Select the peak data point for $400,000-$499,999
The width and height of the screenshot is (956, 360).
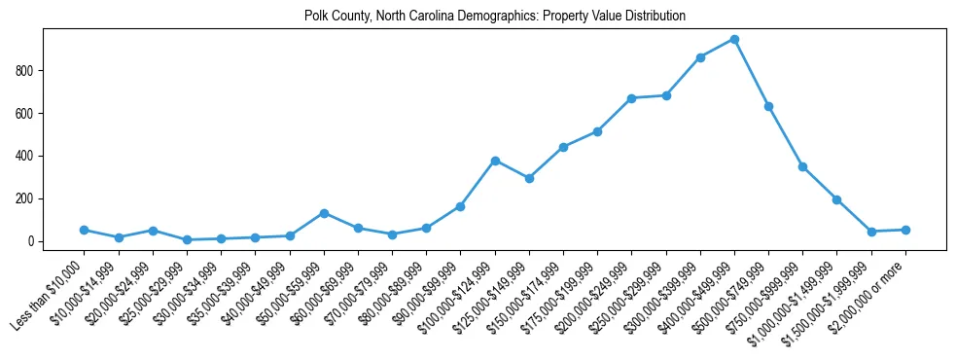734,40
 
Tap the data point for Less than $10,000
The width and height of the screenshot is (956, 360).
85,230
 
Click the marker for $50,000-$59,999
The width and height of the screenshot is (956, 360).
324,213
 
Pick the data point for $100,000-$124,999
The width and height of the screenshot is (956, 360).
495,161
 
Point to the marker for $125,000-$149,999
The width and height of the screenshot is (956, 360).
529,178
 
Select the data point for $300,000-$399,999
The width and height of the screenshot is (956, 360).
700,57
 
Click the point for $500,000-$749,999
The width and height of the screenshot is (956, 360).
768,106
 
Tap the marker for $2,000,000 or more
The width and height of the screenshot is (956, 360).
905,230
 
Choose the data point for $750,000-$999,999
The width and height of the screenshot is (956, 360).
802,166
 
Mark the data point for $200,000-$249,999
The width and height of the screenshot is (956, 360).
632,98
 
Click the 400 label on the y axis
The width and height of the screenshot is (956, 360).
52,156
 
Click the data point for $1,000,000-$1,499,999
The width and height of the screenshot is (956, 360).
836,199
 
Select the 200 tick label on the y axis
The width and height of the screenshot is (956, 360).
52,198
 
